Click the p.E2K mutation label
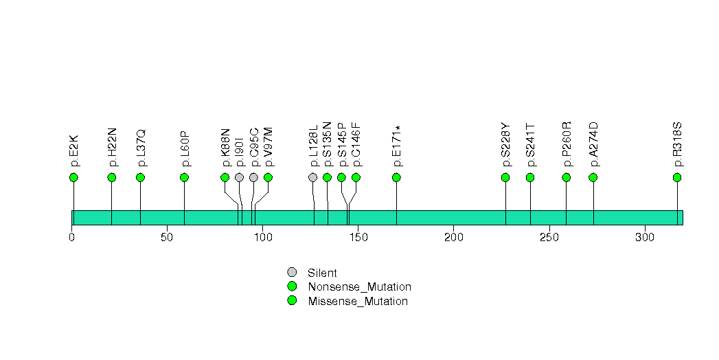pyautogui.click(x=74, y=150)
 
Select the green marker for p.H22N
pyautogui.click(x=112, y=177)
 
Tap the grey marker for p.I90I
pyautogui.click(x=239, y=177)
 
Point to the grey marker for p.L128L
pyautogui.click(x=313, y=177)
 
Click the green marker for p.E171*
pyautogui.click(x=396, y=177)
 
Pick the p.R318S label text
pyautogui.click(x=678, y=145)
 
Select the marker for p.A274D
pyautogui.click(x=593, y=177)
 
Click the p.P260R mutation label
pyautogui.click(x=567, y=145)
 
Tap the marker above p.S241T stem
pyautogui.click(x=530, y=177)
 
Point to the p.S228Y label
pyautogui.click(x=506, y=145)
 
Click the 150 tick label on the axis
pyautogui.click(x=358, y=237)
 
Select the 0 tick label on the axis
pyautogui.click(x=72, y=237)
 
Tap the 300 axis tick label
pyautogui.click(x=644, y=237)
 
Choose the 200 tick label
pyautogui.click(x=453, y=237)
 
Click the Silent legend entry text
pyautogui.click(x=322, y=273)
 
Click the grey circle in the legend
pyautogui.click(x=292, y=272)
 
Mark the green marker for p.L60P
pyautogui.click(x=184, y=177)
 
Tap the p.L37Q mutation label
pyautogui.click(x=141, y=148)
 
